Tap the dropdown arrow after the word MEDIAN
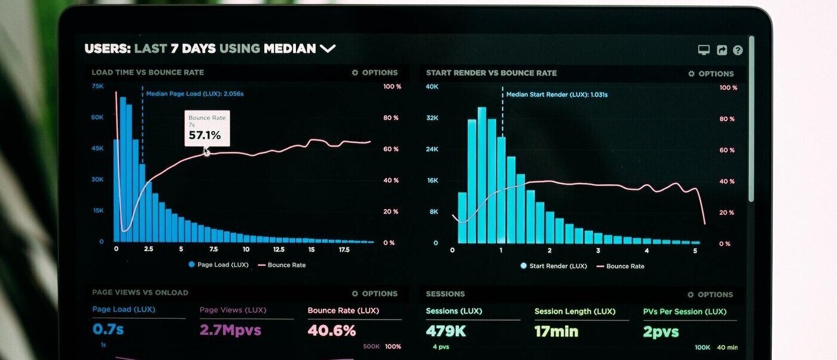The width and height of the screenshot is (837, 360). [328, 48]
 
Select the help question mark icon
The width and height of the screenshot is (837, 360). [738, 50]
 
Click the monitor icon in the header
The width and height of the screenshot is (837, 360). [704, 50]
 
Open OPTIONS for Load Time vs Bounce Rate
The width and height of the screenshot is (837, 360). [374, 72]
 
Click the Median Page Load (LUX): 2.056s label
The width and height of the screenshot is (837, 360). [195, 93]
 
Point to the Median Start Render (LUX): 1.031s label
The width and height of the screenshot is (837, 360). [557, 94]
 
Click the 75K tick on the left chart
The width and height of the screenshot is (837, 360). [97, 86]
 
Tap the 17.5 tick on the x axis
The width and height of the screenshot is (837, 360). [344, 249]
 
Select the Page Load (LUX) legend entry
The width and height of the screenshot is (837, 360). [218, 264]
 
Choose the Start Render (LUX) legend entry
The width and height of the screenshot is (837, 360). [554, 266]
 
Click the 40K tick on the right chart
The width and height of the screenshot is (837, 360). [432, 87]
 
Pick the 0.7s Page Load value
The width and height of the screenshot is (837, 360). [108, 330]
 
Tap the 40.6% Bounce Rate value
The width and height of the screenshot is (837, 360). [332, 331]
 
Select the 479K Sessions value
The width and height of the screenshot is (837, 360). [446, 331]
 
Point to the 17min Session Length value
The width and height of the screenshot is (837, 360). [556, 331]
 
